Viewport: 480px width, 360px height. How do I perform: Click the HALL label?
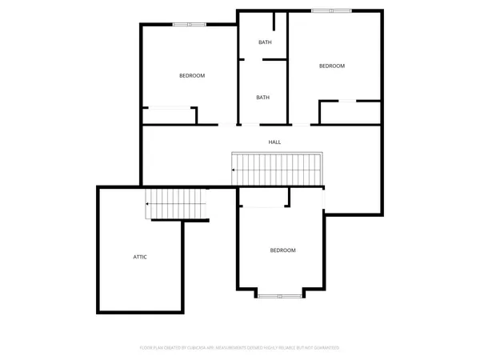(x=274, y=142)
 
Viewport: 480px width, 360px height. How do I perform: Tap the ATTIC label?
(x=140, y=257)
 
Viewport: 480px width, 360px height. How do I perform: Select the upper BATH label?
(x=263, y=42)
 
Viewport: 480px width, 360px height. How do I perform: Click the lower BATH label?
(x=263, y=98)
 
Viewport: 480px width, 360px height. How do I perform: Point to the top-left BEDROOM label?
(x=191, y=76)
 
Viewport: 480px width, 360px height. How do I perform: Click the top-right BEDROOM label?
(x=331, y=66)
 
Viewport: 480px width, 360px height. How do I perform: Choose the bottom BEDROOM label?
(x=282, y=250)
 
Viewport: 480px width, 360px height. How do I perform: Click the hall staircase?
(x=277, y=169)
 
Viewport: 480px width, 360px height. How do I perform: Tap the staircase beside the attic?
(x=177, y=204)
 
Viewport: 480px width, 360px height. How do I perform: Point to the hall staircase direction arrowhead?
(x=234, y=170)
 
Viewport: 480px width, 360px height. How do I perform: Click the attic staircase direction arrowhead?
(x=147, y=205)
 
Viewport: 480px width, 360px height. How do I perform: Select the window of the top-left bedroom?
(x=190, y=25)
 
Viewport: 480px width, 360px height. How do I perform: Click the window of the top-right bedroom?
(x=331, y=10)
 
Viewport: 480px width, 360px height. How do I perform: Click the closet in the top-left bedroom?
(x=169, y=116)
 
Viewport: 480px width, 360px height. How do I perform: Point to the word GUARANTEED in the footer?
(x=326, y=348)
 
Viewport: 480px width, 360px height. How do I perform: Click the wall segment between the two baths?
(x=274, y=59)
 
